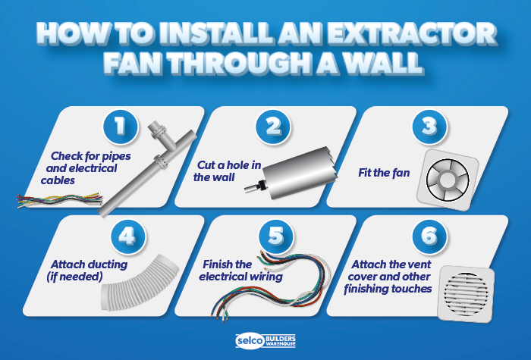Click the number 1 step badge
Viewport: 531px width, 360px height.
[x=120, y=127]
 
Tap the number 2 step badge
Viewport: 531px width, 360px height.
[x=273, y=127]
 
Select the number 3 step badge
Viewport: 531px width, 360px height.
[x=429, y=127]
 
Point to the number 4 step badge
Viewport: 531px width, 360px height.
[x=128, y=236]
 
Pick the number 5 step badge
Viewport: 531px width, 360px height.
[x=276, y=236]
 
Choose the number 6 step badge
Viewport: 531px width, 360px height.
[x=429, y=236]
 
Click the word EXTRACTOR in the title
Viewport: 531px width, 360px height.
[x=412, y=34]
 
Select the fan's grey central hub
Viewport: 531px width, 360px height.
[x=448, y=180]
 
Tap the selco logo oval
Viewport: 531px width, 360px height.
[x=250, y=340]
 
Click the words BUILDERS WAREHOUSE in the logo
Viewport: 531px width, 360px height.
[x=281, y=341]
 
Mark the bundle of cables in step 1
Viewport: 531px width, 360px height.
[x=60, y=200]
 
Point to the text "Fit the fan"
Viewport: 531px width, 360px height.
[x=384, y=173]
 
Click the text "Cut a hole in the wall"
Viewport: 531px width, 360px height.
[x=228, y=171]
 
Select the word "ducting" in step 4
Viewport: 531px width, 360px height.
[x=108, y=265]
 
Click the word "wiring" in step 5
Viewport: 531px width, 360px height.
[x=265, y=277]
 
